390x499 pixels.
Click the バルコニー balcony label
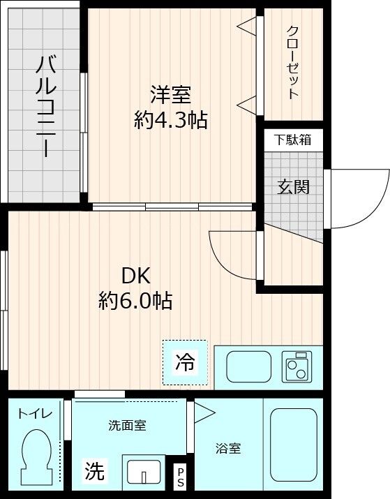(x=46, y=105)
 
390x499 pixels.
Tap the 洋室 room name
(x=170, y=94)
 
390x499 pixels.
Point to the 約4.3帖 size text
(x=170, y=120)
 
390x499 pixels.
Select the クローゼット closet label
(x=293, y=62)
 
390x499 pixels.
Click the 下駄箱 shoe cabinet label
(x=292, y=140)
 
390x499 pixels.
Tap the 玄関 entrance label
(x=293, y=186)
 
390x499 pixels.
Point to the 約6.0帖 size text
(x=135, y=301)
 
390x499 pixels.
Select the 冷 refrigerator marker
(x=186, y=362)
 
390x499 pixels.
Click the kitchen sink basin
(x=249, y=366)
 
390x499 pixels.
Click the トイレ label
(x=35, y=414)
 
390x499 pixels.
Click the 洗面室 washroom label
(x=127, y=425)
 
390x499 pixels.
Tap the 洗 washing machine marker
(x=96, y=472)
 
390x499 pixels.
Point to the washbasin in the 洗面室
(x=144, y=470)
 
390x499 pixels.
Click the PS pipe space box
(x=180, y=477)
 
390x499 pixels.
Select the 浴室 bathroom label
(x=228, y=448)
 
